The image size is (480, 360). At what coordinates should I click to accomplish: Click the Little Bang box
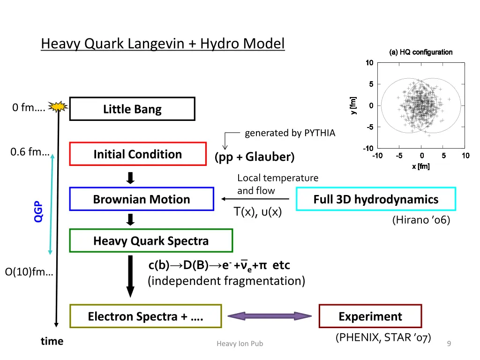click(x=132, y=109)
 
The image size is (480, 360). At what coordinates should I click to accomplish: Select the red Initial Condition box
click(x=138, y=154)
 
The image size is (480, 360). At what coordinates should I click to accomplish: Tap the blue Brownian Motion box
click(x=142, y=199)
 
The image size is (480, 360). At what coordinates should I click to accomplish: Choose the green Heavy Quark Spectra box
click(x=151, y=241)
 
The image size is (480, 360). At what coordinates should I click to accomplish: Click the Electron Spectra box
click(x=145, y=316)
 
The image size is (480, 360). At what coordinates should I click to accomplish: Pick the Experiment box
click(x=370, y=316)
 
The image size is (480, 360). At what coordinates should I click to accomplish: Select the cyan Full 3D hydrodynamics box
click(x=376, y=199)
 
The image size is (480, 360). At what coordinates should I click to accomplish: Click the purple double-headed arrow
click(x=270, y=316)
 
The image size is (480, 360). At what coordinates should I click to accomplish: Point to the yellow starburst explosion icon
click(x=58, y=107)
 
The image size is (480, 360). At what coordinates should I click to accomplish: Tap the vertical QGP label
click(x=38, y=211)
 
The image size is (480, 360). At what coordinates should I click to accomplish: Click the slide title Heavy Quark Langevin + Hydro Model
click(x=163, y=44)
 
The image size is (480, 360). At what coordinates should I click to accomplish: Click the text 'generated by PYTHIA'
click(x=290, y=133)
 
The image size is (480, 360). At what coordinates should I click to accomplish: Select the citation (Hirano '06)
click(x=421, y=220)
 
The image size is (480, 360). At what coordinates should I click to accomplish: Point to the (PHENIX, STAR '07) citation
click(x=383, y=337)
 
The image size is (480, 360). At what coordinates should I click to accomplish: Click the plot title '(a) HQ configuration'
click(x=421, y=52)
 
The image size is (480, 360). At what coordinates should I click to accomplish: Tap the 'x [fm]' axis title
click(x=420, y=166)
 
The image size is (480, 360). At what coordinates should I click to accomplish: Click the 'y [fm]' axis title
click(x=353, y=105)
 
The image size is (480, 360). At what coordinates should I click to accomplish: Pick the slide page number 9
click(x=449, y=344)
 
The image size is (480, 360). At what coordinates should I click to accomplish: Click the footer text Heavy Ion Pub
click(x=240, y=344)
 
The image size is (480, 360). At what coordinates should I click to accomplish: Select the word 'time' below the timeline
click(x=52, y=341)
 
